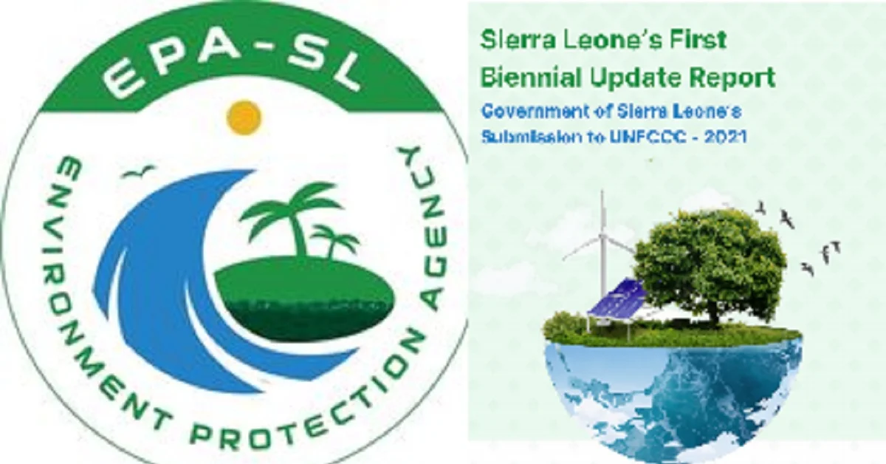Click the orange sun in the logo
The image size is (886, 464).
point(244,117)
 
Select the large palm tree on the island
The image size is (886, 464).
point(292,214)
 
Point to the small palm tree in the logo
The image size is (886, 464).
point(334,241)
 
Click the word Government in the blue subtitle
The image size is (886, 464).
point(528,112)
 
